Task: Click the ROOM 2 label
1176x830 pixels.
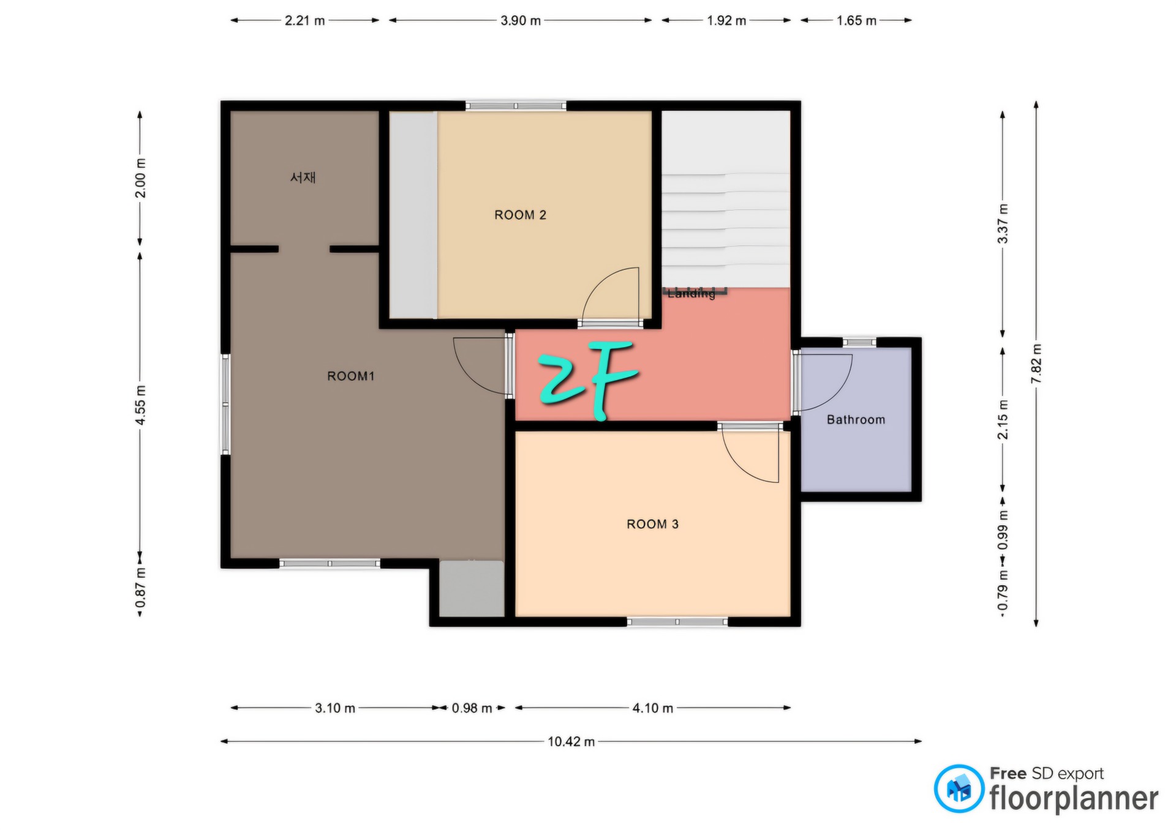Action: tap(520, 215)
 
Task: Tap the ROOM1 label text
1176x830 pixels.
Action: tap(350, 376)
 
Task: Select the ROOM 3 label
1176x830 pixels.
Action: tap(652, 524)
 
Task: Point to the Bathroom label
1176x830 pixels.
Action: tap(856, 420)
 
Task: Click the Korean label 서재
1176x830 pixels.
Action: tap(303, 178)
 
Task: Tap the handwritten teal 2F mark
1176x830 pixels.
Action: tap(588, 379)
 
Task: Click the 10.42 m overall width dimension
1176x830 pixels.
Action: tap(571, 742)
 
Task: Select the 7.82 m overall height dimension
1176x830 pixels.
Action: tap(1036, 364)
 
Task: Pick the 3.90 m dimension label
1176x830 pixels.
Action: tap(521, 20)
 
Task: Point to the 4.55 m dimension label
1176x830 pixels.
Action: tap(140, 405)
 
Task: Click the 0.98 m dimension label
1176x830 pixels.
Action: tap(472, 708)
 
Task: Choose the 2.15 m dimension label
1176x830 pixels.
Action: tap(1003, 420)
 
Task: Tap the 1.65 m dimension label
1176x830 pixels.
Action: tap(856, 20)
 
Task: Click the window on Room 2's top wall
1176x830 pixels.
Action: tap(516, 106)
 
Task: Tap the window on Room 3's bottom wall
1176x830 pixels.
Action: tap(677, 622)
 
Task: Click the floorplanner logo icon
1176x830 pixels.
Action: tap(959, 789)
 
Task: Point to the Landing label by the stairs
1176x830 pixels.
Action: tap(692, 294)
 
